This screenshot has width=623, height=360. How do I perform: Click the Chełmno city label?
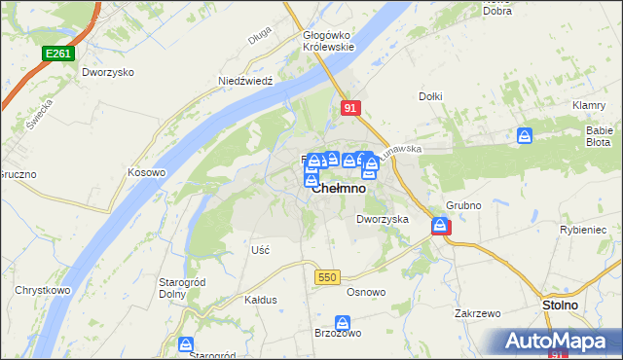click(x=339, y=189)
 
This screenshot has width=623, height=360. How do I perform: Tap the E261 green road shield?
click(x=57, y=55)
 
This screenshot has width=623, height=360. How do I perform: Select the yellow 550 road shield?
click(x=326, y=277)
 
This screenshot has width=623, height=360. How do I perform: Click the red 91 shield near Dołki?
click(x=351, y=110)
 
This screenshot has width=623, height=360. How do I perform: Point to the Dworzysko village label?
click(x=107, y=73)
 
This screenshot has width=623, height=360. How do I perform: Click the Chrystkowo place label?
click(x=40, y=290)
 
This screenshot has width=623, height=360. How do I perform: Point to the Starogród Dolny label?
click(x=179, y=288)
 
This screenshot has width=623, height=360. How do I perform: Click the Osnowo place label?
click(x=366, y=292)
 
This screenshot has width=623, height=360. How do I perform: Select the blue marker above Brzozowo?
click(x=342, y=323)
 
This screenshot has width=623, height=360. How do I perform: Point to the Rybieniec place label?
click(x=584, y=230)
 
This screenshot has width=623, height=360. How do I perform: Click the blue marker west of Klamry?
click(x=525, y=136)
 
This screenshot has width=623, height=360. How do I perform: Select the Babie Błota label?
click(x=597, y=135)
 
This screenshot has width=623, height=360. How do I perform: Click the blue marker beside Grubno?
click(x=440, y=227)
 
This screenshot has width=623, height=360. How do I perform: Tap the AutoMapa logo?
click(x=558, y=342)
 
